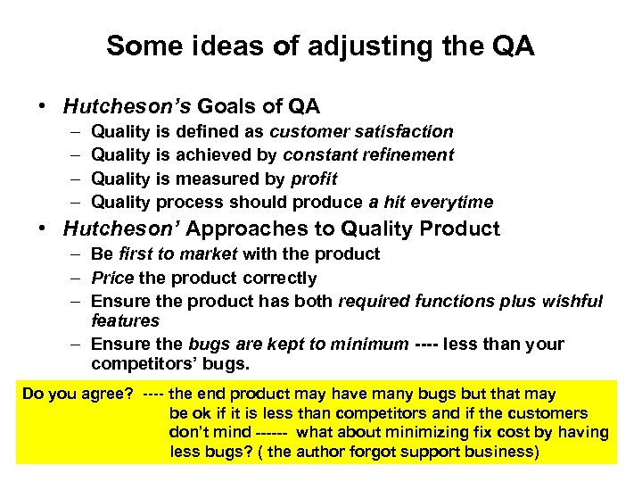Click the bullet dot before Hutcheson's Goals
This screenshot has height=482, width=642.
pyautogui.click(x=42, y=107)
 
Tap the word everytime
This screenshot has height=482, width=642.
pyautogui.click(x=451, y=202)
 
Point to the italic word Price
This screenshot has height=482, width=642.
pyautogui.click(x=111, y=278)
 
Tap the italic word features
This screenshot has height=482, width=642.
pyautogui.click(x=125, y=320)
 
